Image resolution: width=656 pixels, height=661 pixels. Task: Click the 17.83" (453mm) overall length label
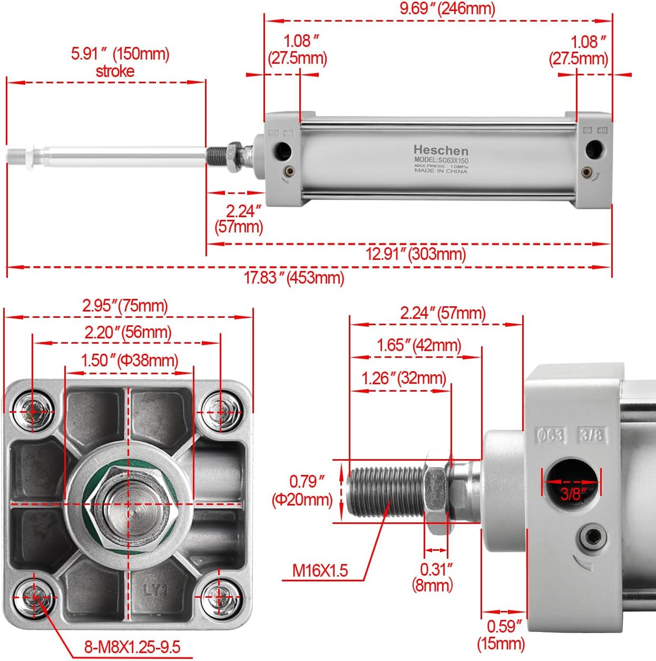click(x=293, y=277)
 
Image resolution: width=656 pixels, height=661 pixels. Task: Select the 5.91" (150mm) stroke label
click(x=120, y=62)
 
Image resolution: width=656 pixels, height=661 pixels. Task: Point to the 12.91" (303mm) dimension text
click(x=416, y=254)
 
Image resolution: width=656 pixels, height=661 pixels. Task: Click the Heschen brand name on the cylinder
click(x=440, y=150)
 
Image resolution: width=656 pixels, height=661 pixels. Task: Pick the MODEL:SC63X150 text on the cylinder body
click(x=441, y=160)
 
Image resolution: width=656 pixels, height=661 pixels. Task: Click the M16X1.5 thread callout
click(x=320, y=570)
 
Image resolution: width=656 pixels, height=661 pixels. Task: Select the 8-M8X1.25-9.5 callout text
click(x=132, y=647)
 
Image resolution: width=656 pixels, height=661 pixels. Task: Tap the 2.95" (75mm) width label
click(x=125, y=306)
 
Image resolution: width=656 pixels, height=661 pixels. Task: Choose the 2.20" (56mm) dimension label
click(x=128, y=332)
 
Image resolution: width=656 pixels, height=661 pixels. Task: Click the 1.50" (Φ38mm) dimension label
click(x=130, y=361)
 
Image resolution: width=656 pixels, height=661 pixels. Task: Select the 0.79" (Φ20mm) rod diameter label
click(x=303, y=490)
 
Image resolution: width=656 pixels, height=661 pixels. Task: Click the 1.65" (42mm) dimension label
click(x=419, y=345)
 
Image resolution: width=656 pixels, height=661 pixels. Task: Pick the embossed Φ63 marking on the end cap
click(x=550, y=435)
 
